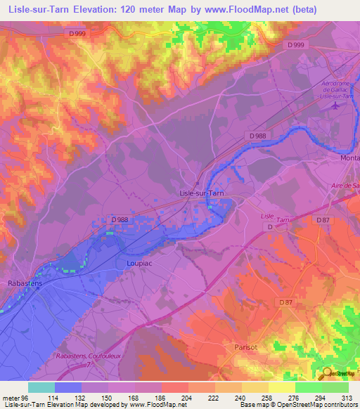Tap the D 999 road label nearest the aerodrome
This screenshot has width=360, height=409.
[297, 45]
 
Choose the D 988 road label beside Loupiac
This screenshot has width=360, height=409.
[120, 220]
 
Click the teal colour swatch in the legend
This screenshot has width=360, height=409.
[41, 387]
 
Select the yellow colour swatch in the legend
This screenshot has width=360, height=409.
[282, 387]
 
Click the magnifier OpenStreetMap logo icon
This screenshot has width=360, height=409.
[326, 373]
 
